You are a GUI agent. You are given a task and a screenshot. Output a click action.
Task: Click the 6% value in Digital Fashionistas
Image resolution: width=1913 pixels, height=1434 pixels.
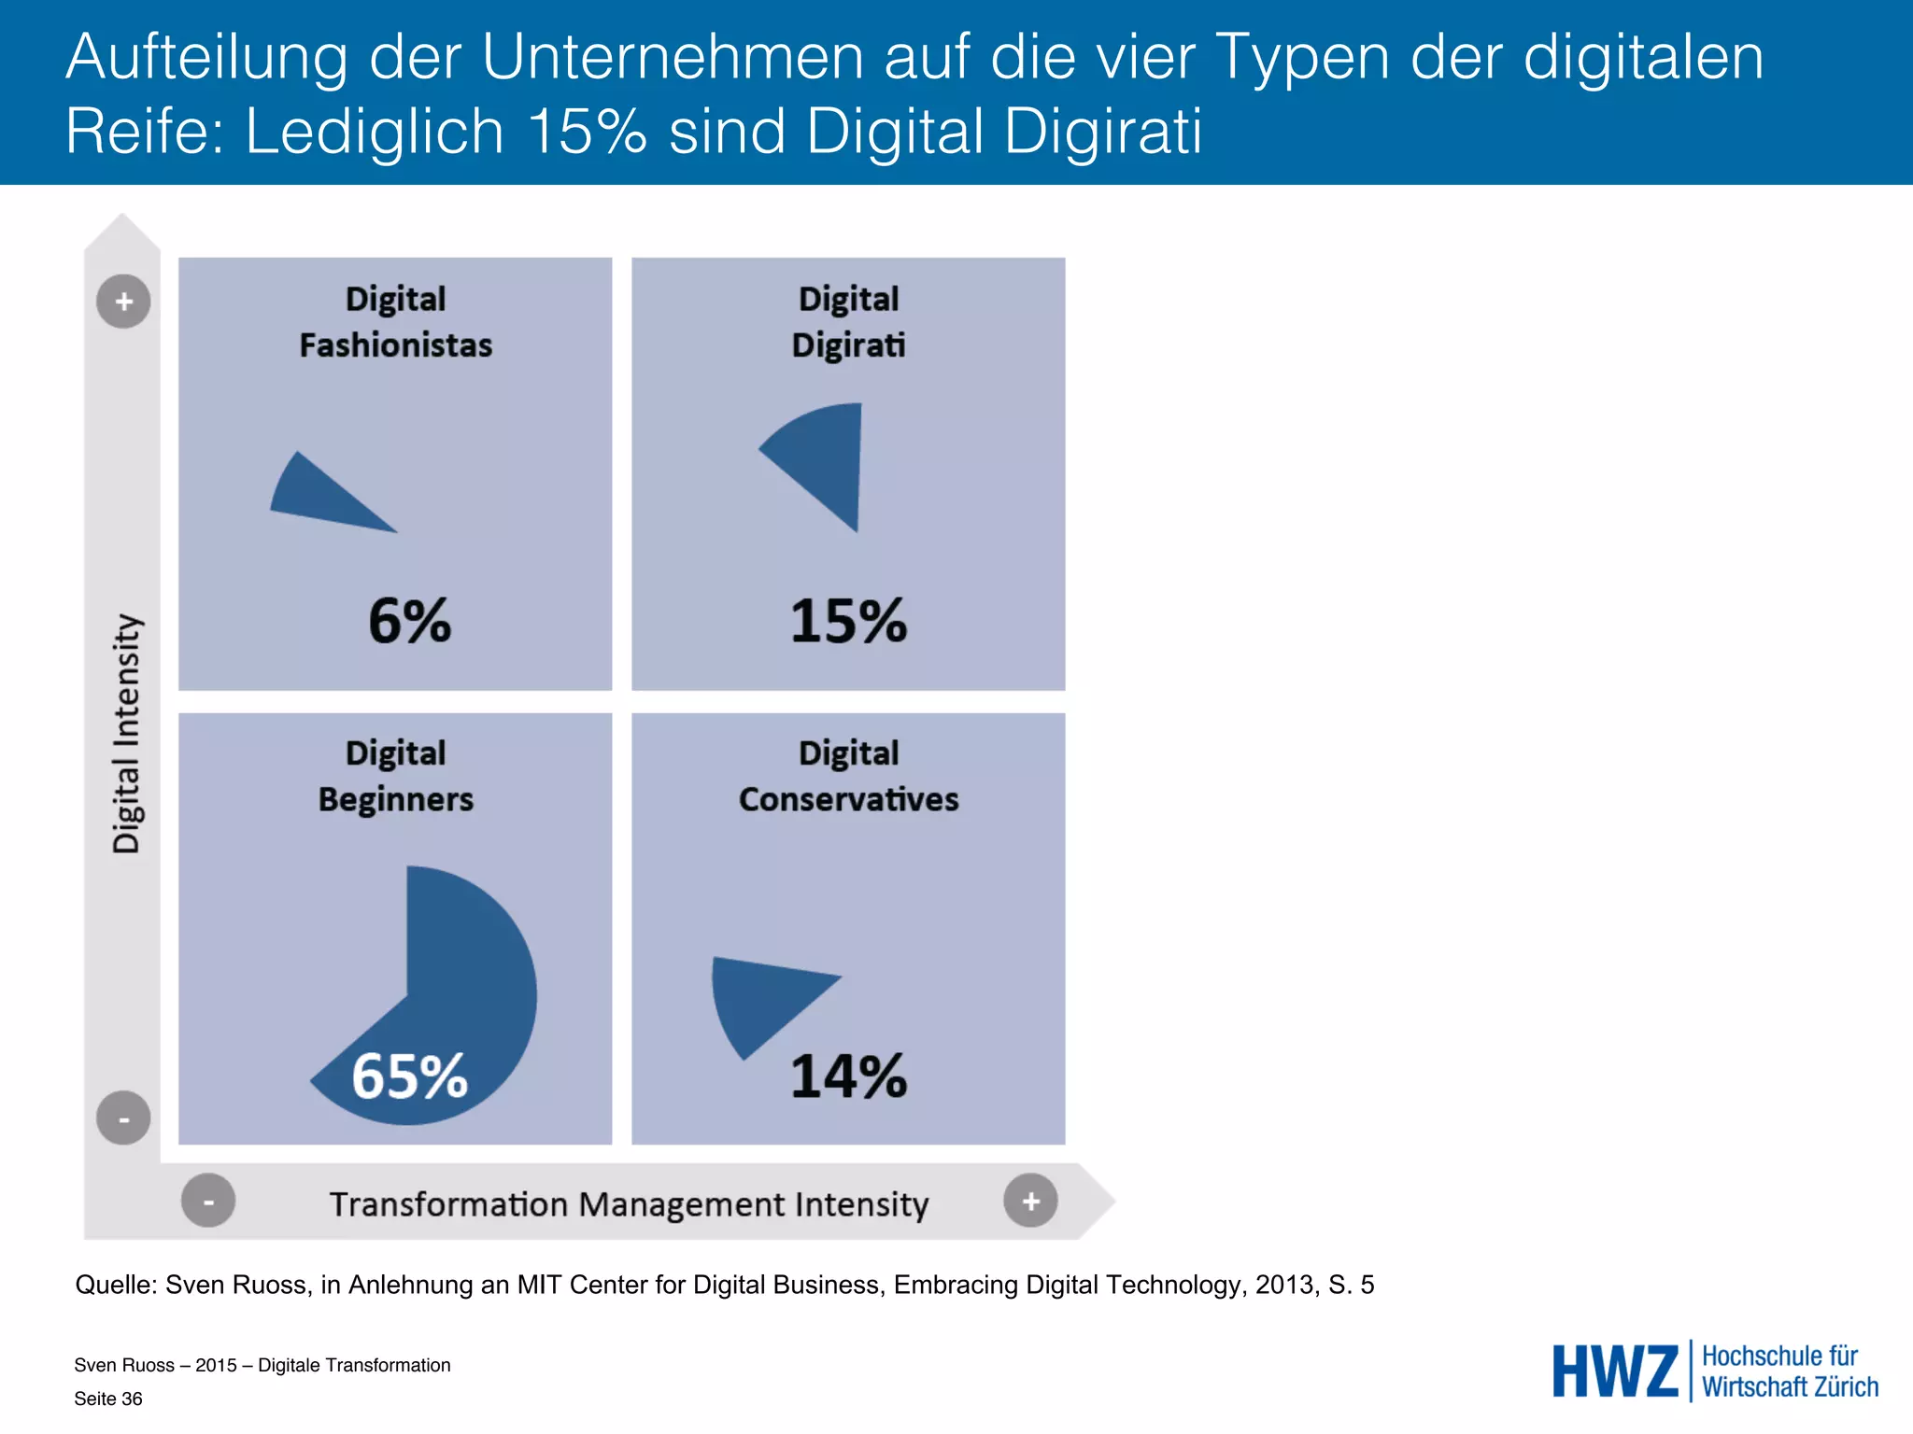coord(409,621)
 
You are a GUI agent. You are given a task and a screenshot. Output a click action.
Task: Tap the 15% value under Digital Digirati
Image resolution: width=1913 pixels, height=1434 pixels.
coord(848,621)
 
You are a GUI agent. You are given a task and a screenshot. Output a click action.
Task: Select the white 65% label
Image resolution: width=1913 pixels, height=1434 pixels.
coord(409,1075)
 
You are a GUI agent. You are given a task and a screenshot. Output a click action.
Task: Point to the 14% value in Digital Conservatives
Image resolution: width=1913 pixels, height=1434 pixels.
coord(848,1075)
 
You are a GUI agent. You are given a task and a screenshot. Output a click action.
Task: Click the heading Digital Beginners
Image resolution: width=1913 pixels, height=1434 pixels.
coord(395,776)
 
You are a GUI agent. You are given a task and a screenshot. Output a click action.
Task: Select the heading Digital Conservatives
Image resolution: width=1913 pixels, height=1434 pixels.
coord(848,776)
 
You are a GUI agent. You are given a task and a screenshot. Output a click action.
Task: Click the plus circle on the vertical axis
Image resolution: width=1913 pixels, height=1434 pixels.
coord(123,302)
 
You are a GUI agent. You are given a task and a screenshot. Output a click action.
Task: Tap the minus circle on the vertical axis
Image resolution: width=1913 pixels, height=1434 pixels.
coord(123,1118)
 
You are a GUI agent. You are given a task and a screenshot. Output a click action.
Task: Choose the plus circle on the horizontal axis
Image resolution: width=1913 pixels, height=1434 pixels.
coord(1030,1201)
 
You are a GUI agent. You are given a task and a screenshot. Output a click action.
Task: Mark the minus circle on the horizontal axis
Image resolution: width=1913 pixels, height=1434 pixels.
coord(208,1201)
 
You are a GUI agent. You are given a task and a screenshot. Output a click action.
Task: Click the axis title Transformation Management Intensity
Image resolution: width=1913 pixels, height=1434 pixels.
coord(629,1204)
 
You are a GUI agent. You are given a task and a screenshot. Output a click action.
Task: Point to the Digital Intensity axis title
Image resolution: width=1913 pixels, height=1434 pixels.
coord(126,733)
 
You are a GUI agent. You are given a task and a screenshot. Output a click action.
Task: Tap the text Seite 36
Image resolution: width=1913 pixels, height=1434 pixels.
coord(108,1399)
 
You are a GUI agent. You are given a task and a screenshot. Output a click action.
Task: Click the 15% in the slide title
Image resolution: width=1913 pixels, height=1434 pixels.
coord(587,131)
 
